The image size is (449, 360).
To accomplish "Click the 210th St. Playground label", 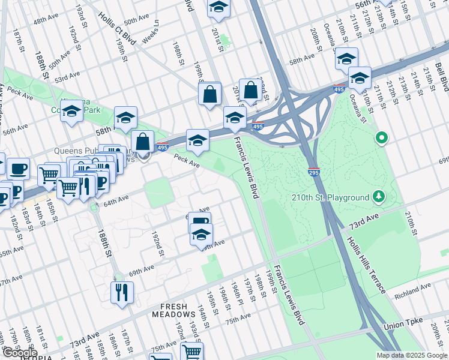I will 330,197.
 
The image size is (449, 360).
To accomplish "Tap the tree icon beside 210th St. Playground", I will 379,196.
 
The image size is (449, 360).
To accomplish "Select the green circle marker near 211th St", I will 381,139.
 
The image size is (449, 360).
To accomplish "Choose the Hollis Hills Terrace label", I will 365,264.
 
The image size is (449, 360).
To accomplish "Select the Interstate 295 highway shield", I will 313,172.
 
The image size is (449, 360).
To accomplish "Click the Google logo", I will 19,353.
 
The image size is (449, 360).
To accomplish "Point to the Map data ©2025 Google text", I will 411,355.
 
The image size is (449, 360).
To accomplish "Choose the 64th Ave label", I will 116,201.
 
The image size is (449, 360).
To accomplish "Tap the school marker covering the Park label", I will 71,111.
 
